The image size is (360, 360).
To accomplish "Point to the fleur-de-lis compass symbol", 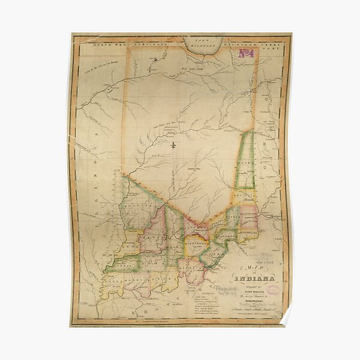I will click(173, 145).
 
